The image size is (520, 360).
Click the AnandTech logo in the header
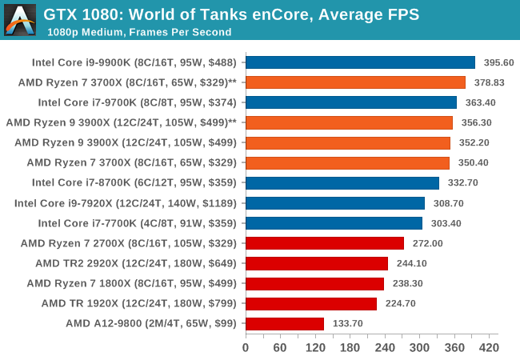[x=20, y=20]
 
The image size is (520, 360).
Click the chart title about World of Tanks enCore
[x=231, y=14]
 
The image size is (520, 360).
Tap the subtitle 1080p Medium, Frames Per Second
[x=139, y=32]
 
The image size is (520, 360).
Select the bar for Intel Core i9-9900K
[x=361, y=62]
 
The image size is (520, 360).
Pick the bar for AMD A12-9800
[x=285, y=323]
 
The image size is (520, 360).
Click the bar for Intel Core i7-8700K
[x=342, y=183]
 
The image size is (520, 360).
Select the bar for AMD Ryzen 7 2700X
[x=325, y=243]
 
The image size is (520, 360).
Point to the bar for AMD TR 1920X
[x=311, y=304]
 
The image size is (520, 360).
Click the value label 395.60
[x=498, y=62]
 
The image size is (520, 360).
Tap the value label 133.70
[x=347, y=323]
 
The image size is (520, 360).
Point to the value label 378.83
[x=489, y=82]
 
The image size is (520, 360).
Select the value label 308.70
[x=448, y=203]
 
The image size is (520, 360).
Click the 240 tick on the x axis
[x=385, y=336]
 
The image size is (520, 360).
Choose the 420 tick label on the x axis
[x=489, y=348]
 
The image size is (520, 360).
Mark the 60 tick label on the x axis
[x=280, y=348]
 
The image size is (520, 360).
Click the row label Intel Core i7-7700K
[x=138, y=223]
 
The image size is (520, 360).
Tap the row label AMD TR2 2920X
[x=136, y=263]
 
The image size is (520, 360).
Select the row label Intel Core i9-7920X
[x=126, y=203]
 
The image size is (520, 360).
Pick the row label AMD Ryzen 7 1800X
[x=132, y=283]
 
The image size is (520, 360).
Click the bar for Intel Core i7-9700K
[x=351, y=102]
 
